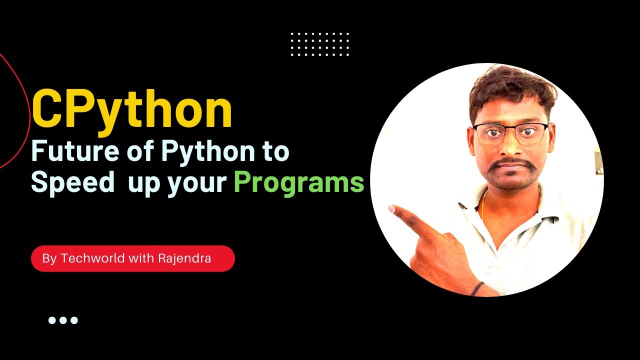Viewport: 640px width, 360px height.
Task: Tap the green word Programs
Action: coord(298,183)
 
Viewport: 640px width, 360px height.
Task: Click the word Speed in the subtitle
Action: coord(73,183)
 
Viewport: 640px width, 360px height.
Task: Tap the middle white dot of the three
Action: coord(63,320)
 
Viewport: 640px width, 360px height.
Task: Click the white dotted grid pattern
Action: coord(320,44)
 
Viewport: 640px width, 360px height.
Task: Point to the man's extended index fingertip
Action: coord(392,208)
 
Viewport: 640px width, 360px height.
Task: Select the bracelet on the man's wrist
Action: coord(478,288)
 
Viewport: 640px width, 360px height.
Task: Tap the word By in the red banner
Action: coord(48,258)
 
